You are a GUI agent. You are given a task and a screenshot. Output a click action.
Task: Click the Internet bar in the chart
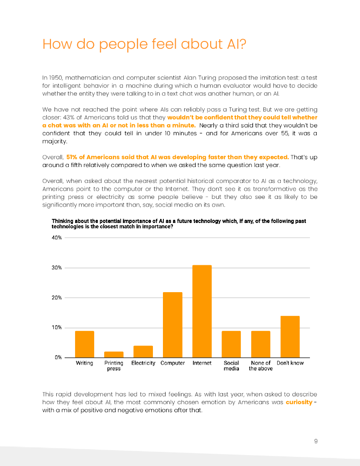tap(202, 311)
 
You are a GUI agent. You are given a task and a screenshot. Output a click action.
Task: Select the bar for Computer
tap(172, 325)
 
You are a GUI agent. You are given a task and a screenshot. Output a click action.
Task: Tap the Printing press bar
tap(114, 355)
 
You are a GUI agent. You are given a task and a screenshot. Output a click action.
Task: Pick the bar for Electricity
tap(143, 352)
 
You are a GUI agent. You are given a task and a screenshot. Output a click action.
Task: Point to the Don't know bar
tap(290, 337)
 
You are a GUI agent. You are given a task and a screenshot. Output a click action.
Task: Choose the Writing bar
tap(84, 344)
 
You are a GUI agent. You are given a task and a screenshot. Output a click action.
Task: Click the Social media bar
tap(231, 344)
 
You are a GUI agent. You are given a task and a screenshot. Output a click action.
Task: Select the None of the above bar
tap(260, 344)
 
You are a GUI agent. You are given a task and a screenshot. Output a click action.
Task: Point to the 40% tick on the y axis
tap(57, 238)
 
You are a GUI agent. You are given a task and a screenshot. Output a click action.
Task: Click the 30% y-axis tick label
tap(57, 268)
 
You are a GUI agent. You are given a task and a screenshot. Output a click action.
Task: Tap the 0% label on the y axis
tap(58, 358)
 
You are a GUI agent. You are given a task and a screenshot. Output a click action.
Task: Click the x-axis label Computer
tap(172, 363)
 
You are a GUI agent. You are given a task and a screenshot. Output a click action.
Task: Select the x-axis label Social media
tap(231, 366)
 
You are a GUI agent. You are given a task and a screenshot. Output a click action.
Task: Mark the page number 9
tap(315, 441)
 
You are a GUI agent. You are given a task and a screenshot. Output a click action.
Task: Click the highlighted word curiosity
tap(299, 402)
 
